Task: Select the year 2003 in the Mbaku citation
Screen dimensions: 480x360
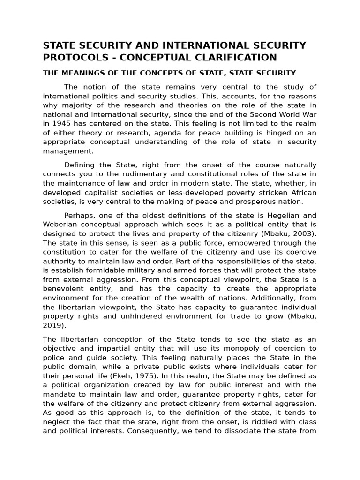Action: (304, 233)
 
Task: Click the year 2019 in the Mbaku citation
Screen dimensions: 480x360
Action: (53, 325)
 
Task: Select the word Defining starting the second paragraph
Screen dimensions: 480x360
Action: (79, 165)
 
